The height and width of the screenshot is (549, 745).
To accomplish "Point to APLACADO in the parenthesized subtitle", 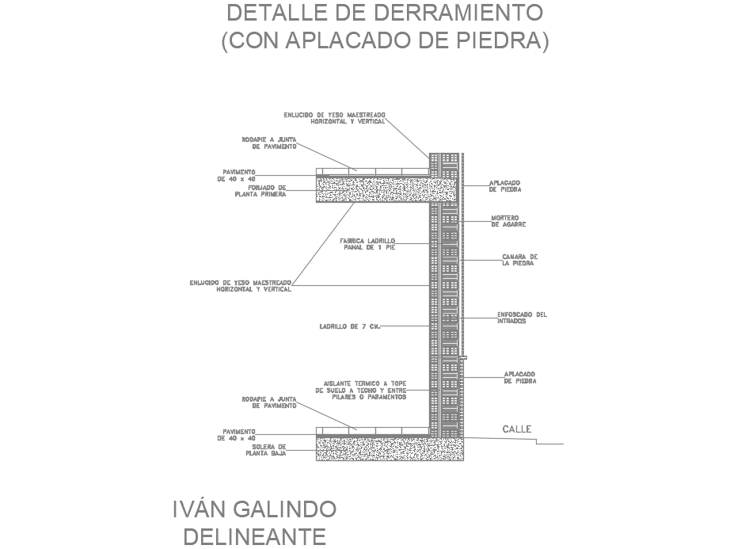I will (351, 41).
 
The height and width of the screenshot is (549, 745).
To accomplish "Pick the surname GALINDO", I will (288, 509).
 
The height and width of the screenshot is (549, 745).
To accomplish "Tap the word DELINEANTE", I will (254, 536).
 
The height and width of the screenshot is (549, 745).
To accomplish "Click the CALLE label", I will (517, 429).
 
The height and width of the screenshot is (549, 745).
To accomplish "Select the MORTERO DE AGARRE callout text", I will (507, 221).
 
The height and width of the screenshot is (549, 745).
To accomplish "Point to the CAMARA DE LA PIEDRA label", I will (519, 260).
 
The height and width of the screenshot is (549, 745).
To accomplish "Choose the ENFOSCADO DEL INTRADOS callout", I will (522, 318).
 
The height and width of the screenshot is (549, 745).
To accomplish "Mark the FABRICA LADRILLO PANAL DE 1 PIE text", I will (367, 244).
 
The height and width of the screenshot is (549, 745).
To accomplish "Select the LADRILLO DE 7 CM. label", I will (350, 326).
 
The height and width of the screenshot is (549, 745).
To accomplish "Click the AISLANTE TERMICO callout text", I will (360, 389).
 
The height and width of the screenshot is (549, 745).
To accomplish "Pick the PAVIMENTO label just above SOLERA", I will (238, 434).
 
